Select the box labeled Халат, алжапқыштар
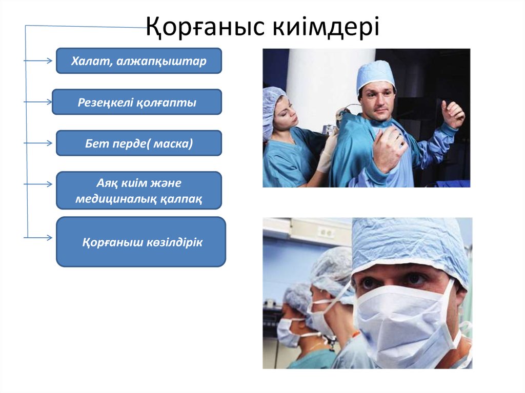[138, 61]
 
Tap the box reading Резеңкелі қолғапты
[137, 102]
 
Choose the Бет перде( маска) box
[138, 143]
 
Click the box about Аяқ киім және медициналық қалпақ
[138, 191]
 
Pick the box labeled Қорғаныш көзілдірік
[141, 242]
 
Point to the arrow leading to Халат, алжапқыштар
[38, 61]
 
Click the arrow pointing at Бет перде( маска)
[38, 143]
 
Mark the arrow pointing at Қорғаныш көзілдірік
[38, 238]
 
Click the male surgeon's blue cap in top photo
[376, 74]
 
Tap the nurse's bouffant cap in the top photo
[272, 105]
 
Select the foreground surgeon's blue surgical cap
[410, 246]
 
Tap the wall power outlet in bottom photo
[326, 232]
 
